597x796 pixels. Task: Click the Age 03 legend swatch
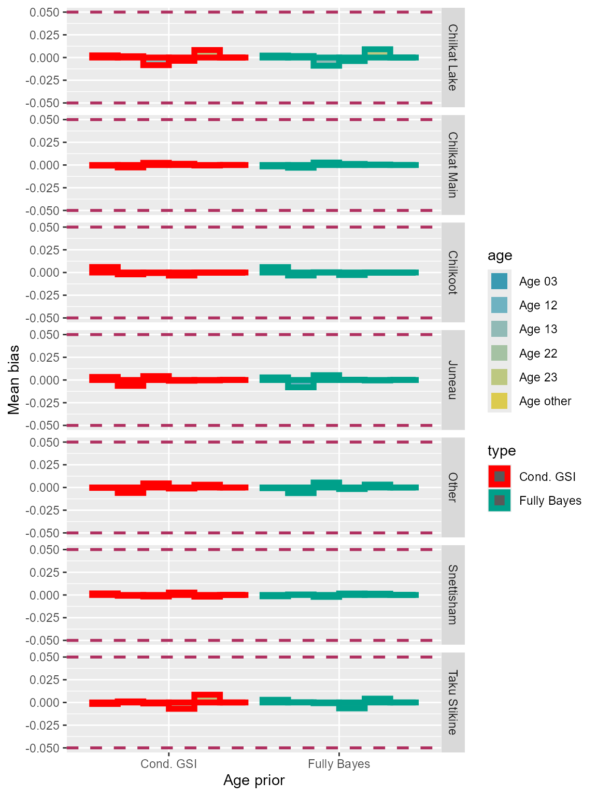tap(499, 281)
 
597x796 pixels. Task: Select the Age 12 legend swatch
tap(499, 305)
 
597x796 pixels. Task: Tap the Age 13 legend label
tap(538, 329)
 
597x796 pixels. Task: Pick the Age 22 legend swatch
tap(499, 353)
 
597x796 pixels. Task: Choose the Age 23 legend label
tap(538, 377)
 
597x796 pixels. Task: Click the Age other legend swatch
tap(499, 401)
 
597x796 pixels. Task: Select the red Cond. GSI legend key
tap(499, 477)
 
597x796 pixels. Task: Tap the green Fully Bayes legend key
tap(499, 501)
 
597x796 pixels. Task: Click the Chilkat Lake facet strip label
tap(452, 58)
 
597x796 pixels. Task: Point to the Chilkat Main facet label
tap(452, 165)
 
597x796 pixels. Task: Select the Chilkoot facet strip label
tap(452, 273)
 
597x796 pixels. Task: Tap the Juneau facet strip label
tap(452, 380)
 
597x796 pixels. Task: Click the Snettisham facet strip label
tap(452, 594)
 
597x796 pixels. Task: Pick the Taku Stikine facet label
tap(452, 702)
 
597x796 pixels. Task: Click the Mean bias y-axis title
tap(14, 380)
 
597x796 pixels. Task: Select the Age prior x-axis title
tap(254, 780)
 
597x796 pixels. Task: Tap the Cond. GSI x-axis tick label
tap(169, 764)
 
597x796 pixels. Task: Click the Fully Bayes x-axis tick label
tap(339, 764)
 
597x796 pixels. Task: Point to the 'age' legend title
tap(500, 255)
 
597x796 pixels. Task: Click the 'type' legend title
tap(502, 451)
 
